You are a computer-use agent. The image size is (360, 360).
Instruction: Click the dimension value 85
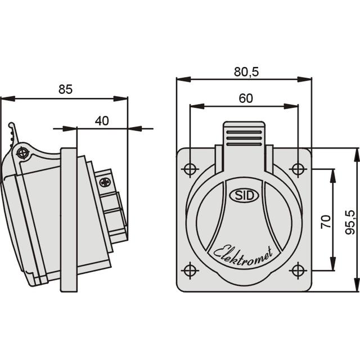coord(65,89)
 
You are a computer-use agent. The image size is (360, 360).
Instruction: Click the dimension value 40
coord(102,120)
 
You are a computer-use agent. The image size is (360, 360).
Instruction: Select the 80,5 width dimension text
coord(245,71)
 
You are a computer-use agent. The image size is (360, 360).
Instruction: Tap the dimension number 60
coord(245,97)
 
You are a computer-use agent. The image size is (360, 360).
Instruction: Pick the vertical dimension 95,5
coord(349,222)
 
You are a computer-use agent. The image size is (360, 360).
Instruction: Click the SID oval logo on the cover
coord(244,196)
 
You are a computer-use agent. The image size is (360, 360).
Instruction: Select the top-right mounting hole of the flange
coord(298,169)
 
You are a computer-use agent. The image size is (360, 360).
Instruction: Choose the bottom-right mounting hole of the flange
coord(298,271)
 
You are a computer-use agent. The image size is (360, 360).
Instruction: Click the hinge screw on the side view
coord(22,152)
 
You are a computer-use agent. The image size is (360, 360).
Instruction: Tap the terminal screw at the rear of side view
coord(105,182)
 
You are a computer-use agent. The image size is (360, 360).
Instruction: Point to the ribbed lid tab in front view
coord(244,135)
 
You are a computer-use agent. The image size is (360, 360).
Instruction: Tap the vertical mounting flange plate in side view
coord(68,219)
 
